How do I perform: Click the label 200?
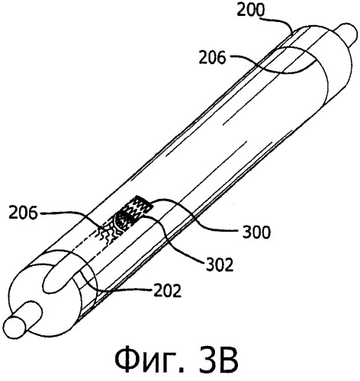coord(251,9)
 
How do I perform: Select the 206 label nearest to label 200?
coord(212,58)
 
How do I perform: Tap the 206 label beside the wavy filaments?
coord(23,213)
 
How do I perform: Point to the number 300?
coord(256,232)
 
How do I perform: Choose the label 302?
coord(219,264)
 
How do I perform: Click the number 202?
coord(168,290)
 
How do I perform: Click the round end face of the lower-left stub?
coord(15,327)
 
